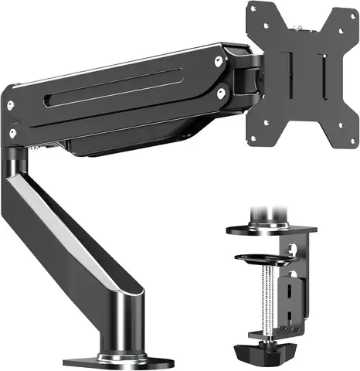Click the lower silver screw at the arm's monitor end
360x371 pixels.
(x=221, y=93)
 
